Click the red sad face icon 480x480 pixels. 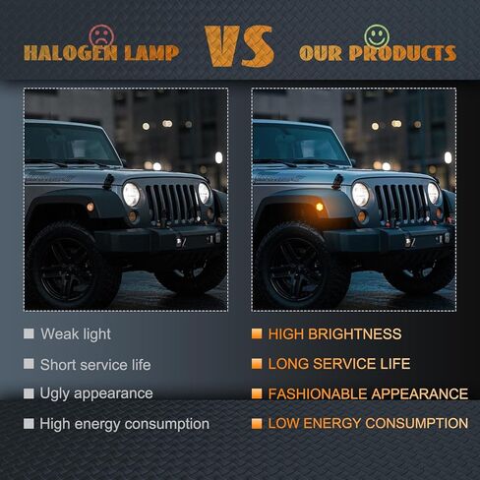102,36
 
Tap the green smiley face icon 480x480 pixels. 377,35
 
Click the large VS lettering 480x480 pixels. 239,46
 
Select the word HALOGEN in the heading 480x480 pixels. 71,53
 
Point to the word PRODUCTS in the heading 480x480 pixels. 402,53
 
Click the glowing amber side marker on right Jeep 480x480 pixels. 319,207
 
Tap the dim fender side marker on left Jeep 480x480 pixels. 90,207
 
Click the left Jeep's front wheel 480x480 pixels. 71,268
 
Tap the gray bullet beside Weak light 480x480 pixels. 29,333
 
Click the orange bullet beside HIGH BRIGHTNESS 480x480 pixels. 257,333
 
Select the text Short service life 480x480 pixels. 95,365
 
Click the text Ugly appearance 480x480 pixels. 96,393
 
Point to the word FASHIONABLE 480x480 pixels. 317,393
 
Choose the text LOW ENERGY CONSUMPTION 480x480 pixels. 368,423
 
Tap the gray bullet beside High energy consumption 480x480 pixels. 29,424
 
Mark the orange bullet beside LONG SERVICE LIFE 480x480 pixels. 257,364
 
